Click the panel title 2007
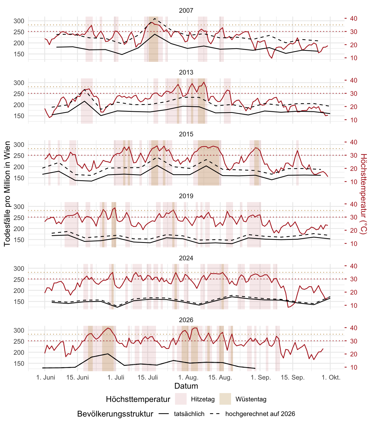tap(186, 10)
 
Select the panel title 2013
tap(186, 72)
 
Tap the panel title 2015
tap(186, 134)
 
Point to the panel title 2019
tap(186, 196)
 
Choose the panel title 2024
tap(186, 258)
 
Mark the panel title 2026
tap(186, 320)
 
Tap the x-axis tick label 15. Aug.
tap(220, 377)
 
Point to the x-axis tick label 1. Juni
tap(46, 377)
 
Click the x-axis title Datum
tap(186, 386)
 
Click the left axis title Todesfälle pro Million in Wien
tap(7, 194)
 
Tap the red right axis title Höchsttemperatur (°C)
tap(364, 194)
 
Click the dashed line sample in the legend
tap(215, 414)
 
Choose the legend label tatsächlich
tap(189, 414)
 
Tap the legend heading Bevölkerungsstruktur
tap(115, 414)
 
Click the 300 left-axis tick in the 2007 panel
tap(19, 21)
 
